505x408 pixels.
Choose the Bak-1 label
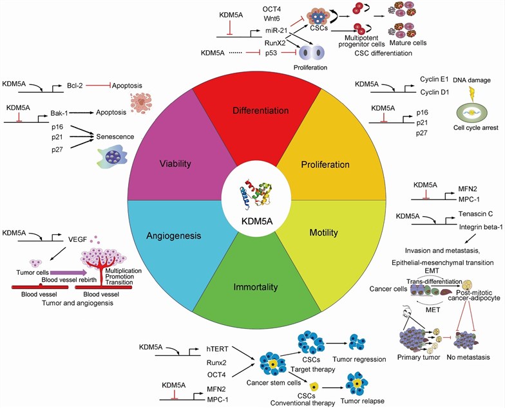pos(59,113)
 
